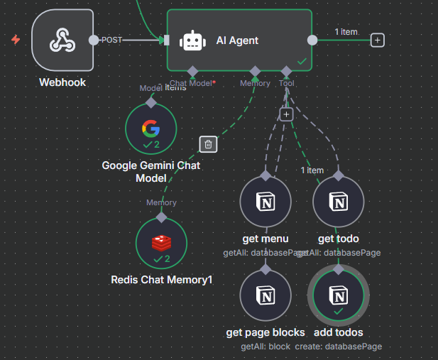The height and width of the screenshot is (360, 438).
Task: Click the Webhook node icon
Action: tap(62, 40)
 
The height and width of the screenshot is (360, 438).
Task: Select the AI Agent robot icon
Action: tap(193, 41)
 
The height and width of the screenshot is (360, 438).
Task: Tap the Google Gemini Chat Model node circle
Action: tap(150, 129)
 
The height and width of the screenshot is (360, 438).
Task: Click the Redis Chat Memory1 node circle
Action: tap(161, 243)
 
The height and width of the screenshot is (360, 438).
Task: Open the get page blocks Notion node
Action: tap(265, 295)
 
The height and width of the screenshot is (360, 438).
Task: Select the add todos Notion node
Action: tap(339, 295)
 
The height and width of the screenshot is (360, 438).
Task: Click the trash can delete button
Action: tap(208, 144)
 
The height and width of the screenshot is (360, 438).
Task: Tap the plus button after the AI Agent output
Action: tap(378, 40)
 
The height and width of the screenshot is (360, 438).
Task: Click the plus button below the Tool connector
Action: tap(286, 114)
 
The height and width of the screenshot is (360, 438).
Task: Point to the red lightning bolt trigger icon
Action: tap(16, 40)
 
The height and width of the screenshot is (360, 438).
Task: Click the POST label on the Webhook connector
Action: tap(112, 40)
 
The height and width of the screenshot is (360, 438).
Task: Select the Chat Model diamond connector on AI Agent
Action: tap(192, 71)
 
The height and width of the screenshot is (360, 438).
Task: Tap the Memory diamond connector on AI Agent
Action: tap(255, 71)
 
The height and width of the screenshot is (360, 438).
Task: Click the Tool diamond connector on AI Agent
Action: tap(286, 71)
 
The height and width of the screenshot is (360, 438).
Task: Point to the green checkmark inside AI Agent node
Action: tap(302, 62)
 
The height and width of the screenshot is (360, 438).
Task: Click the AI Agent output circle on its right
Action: tap(312, 40)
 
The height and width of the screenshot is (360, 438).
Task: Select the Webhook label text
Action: tap(62, 82)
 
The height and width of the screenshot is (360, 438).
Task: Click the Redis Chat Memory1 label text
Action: tap(162, 280)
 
